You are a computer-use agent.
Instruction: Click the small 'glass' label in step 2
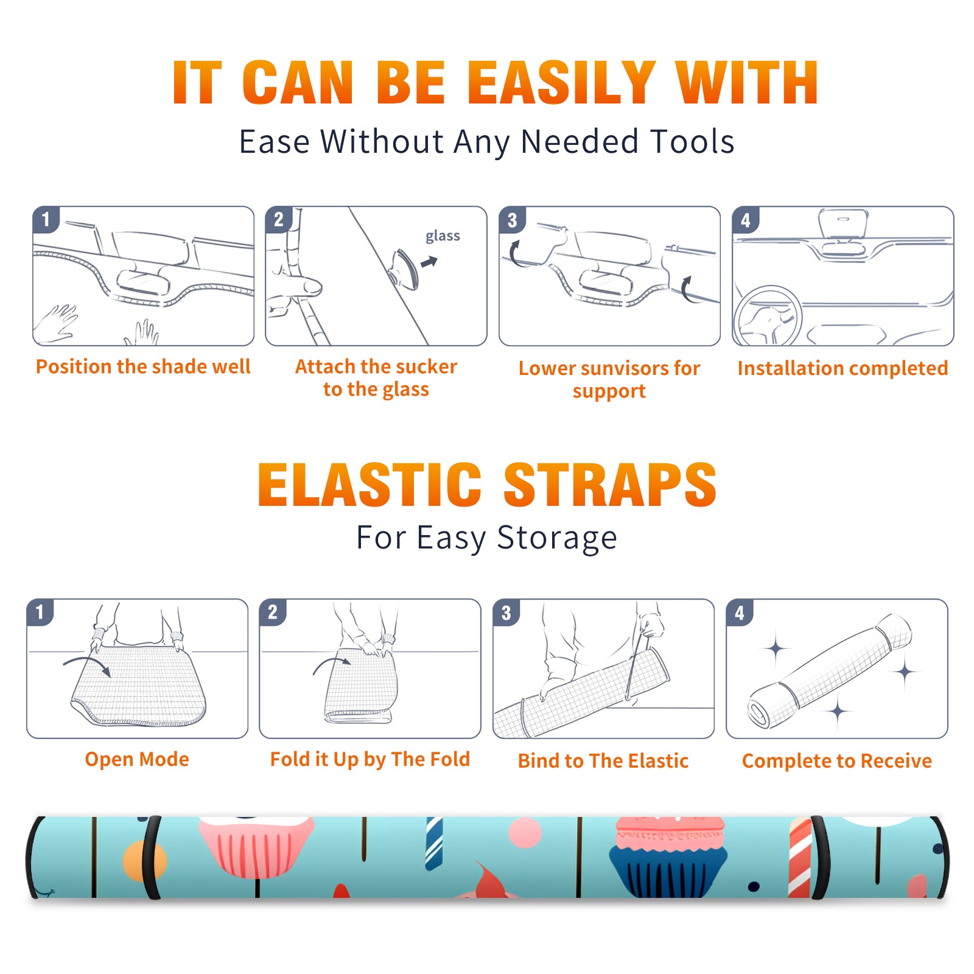click(x=443, y=236)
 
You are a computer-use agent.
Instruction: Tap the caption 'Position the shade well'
click(x=143, y=366)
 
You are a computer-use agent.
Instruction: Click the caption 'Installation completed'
click(x=843, y=368)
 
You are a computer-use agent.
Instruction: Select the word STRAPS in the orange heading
click(x=610, y=485)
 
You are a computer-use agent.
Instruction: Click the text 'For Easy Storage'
click(x=486, y=538)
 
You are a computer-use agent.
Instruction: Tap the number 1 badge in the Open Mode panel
click(x=40, y=612)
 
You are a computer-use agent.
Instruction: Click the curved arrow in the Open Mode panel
click(x=86, y=665)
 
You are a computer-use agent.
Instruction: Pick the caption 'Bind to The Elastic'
click(x=603, y=761)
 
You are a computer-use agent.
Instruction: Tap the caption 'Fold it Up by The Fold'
click(x=370, y=760)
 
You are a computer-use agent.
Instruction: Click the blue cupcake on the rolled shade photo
click(x=668, y=857)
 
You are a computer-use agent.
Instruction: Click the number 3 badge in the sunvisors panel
click(x=512, y=220)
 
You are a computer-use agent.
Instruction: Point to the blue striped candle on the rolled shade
click(x=434, y=843)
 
